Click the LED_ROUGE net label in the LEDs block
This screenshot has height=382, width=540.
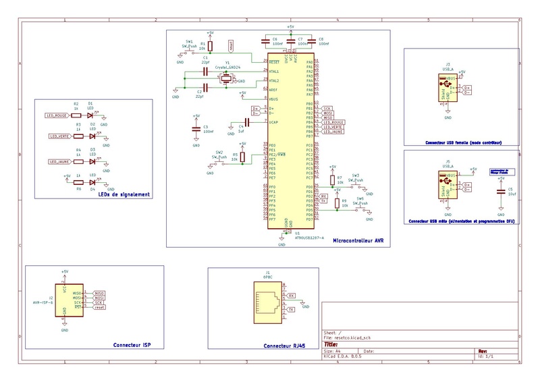coord(56,115)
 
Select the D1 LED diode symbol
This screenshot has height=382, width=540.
coord(90,115)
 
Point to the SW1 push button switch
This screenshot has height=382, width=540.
coord(189,51)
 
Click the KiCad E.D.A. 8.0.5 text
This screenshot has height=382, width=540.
coord(347,357)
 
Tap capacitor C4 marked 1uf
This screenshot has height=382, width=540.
coord(246,123)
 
